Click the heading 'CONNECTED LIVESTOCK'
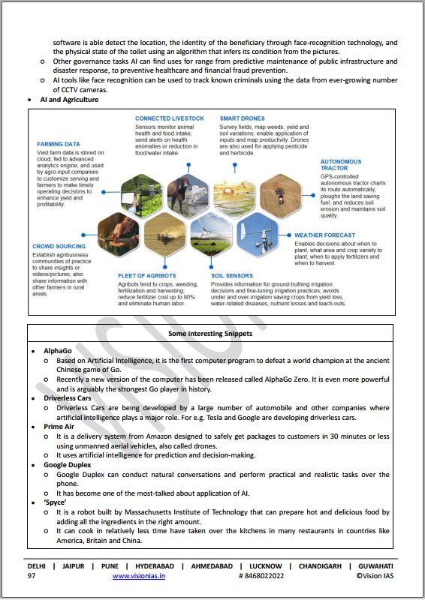pyautogui.click(x=169, y=118)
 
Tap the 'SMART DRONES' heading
pyautogui.click(x=242, y=118)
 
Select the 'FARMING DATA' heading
pyautogui.click(x=59, y=143)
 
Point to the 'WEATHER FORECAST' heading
pyautogui.click(x=324, y=235)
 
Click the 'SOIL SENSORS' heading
pyautogui.click(x=232, y=276)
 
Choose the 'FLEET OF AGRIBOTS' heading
pyautogui.click(x=147, y=276)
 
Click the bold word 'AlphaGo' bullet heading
pyautogui.click(x=59, y=350)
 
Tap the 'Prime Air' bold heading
pyautogui.click(x=59, y=426)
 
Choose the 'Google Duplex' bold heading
pyautogui.click(x=67, y=464)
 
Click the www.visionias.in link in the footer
pyautogui.click(x=143, y=575)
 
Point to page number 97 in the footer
pyautogui.click(x=32, y=575)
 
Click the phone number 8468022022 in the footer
pyautogui.click(x=264, y=575)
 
